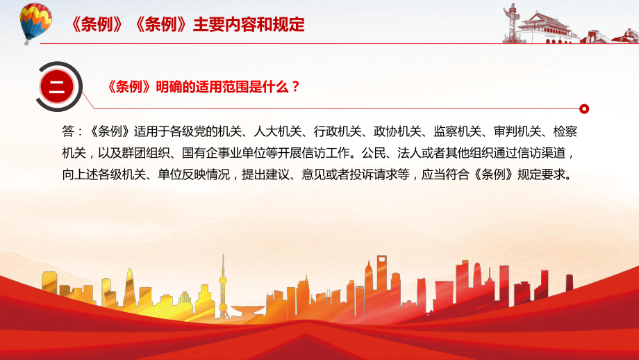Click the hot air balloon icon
[x=35, y=23]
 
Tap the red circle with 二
[x=57, y=87]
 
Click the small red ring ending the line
[x=584, y=109]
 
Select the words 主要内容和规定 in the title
[x=249, y=25]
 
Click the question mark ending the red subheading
[x=296, y=86]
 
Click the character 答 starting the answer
[x=68, y=131]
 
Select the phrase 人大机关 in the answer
[x=278, y=131]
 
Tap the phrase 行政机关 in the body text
[x=338, y=131]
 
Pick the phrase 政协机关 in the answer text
[x=397, y=131]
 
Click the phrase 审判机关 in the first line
[x=517, y=131]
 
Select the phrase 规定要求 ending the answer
[x=541, y=174]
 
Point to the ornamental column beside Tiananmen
[x=510, y=22]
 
